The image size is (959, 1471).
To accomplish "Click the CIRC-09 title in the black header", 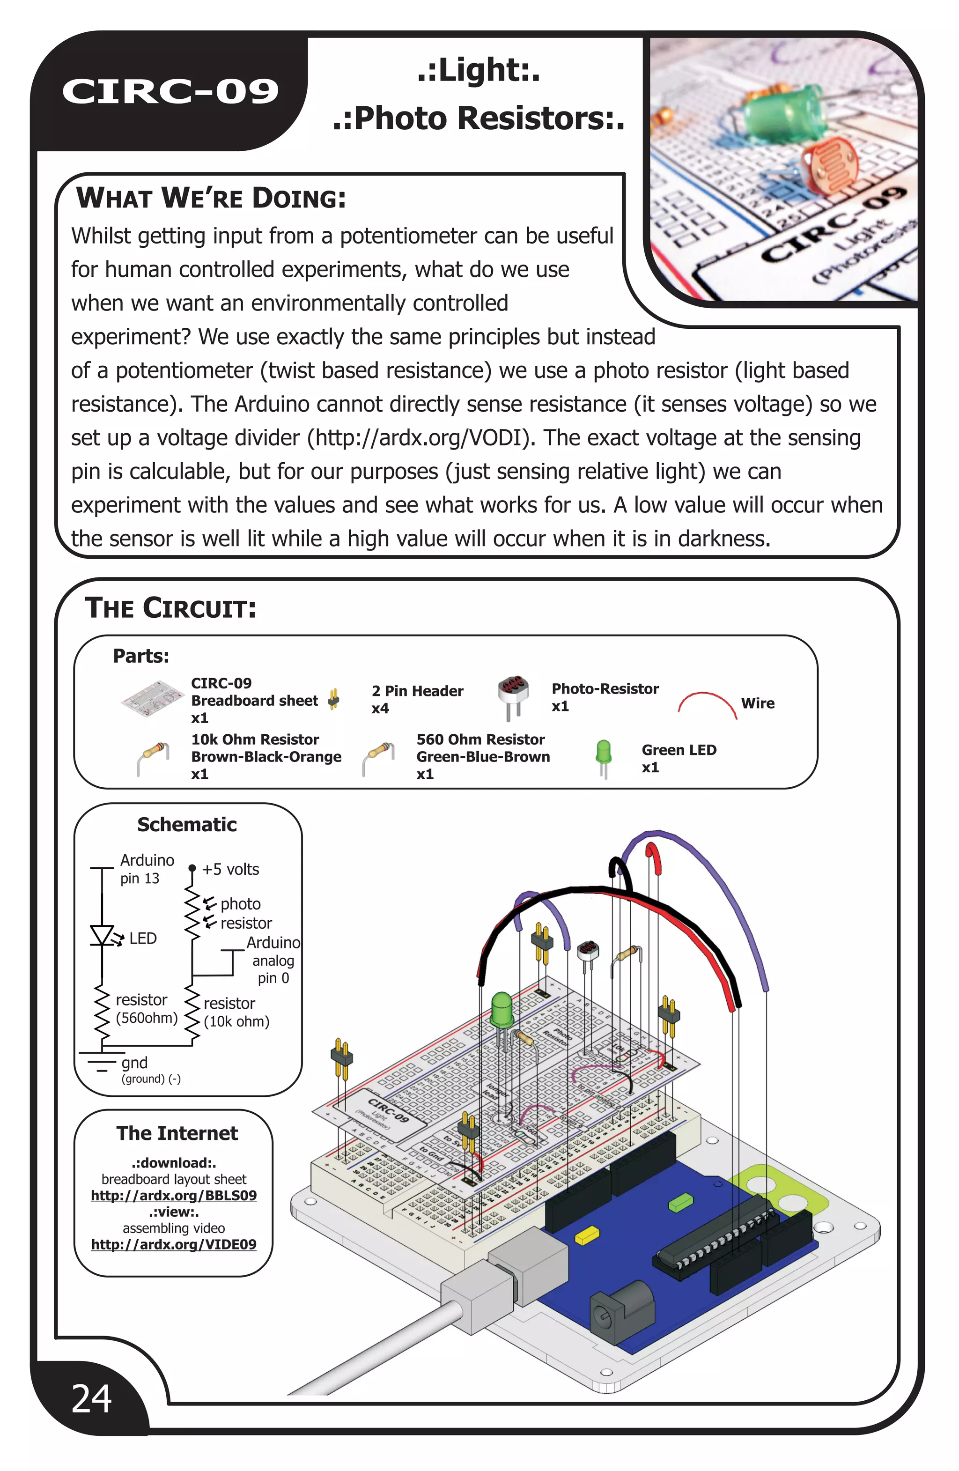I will [170, 91].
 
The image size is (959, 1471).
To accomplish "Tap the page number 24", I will [91, 1399].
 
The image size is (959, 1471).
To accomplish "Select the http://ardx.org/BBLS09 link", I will [174, 1195].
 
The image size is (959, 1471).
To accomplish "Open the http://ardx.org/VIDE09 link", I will [174, 1244].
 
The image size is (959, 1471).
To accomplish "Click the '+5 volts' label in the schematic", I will [230, 869].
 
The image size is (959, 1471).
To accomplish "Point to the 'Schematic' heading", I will [187, 825].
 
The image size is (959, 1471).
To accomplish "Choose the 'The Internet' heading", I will [177, 1133].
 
